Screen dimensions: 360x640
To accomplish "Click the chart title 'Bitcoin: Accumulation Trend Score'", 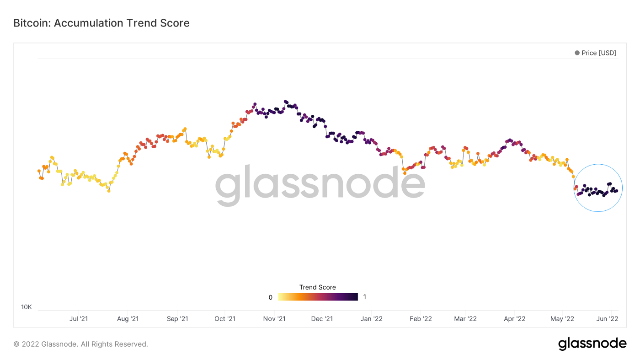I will point(101,23).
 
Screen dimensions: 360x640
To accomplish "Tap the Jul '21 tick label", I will point(79,319).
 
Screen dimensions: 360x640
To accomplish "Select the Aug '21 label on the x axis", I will point(128,319).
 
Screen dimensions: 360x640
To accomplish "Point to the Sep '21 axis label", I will point(177,319).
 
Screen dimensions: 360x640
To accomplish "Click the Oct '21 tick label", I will point(225,319).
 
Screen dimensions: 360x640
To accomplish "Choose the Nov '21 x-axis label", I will point(275,319).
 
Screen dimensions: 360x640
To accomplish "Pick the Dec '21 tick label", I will point(322,319).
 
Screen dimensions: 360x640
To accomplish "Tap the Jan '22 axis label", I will point(372,319).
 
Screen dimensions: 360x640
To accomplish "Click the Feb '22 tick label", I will point(421,319).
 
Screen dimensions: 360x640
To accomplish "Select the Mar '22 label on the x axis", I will point(465,319).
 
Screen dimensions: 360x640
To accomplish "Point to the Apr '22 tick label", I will point(515,319).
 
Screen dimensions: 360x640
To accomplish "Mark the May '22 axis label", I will point(562,319).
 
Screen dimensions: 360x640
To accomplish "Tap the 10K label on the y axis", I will point(27,307).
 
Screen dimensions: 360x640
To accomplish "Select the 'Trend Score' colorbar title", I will point(318,287).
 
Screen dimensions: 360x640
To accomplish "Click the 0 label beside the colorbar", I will point(271,297).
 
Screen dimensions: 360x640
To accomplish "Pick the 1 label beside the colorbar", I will point(364,297).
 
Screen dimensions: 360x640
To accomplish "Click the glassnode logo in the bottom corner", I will point(592,344).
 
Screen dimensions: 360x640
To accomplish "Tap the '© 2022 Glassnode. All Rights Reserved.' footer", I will point(81,344).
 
